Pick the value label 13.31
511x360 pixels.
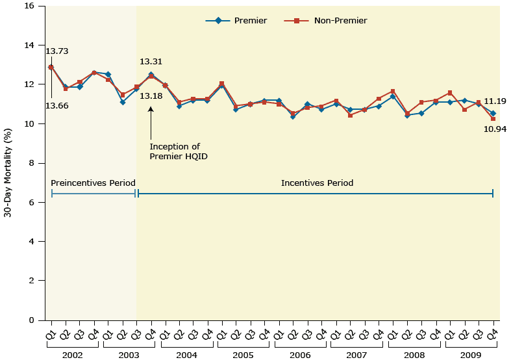[151, 62]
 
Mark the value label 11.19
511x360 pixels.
[495, 101]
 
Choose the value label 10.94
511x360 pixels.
[495, 129]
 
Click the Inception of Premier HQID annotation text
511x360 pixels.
[175, 151]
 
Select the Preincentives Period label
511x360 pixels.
[93, 183]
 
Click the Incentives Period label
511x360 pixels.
[317, 183]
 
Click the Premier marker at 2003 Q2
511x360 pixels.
[122, 102]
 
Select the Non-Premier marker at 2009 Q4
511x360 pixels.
[493, 119]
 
